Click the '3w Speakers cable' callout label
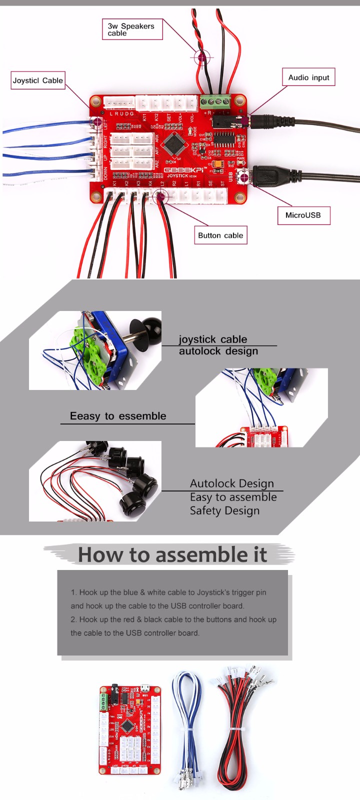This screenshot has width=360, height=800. [x=132, y=29]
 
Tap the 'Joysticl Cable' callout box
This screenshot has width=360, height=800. [x=38, y=80]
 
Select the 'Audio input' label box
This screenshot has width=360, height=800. [x=308, y=77]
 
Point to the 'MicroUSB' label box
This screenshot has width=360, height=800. [x=303, y=215]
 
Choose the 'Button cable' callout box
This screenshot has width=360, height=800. [x=220, y=235]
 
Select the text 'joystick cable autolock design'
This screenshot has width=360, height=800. [x=218, y=345]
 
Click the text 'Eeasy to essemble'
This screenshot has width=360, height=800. [x=118, y=416]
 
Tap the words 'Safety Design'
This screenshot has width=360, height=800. [x=224, y=510]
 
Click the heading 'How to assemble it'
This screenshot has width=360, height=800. [x=172, y=555]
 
